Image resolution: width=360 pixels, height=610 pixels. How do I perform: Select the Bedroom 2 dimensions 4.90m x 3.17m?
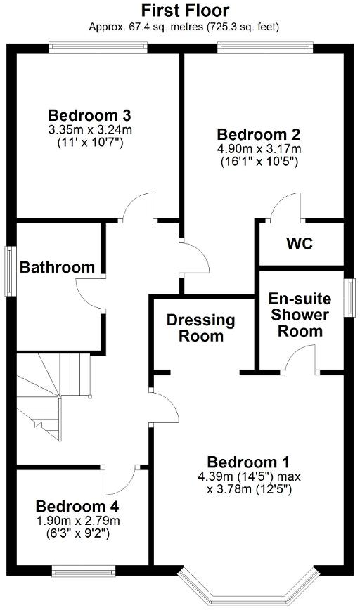[259, 148]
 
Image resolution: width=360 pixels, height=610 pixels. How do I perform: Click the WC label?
[299, 245]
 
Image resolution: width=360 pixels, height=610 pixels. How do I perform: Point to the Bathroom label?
[57, 267]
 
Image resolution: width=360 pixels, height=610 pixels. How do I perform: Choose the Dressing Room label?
[200, 328]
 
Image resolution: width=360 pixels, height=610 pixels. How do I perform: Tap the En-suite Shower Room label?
[300, 315]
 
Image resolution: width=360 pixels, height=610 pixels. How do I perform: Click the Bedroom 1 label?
[249, 462]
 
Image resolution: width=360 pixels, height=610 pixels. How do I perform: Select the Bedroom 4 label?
[77, 506]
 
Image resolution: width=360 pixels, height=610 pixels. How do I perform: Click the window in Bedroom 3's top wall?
[98, 47]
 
